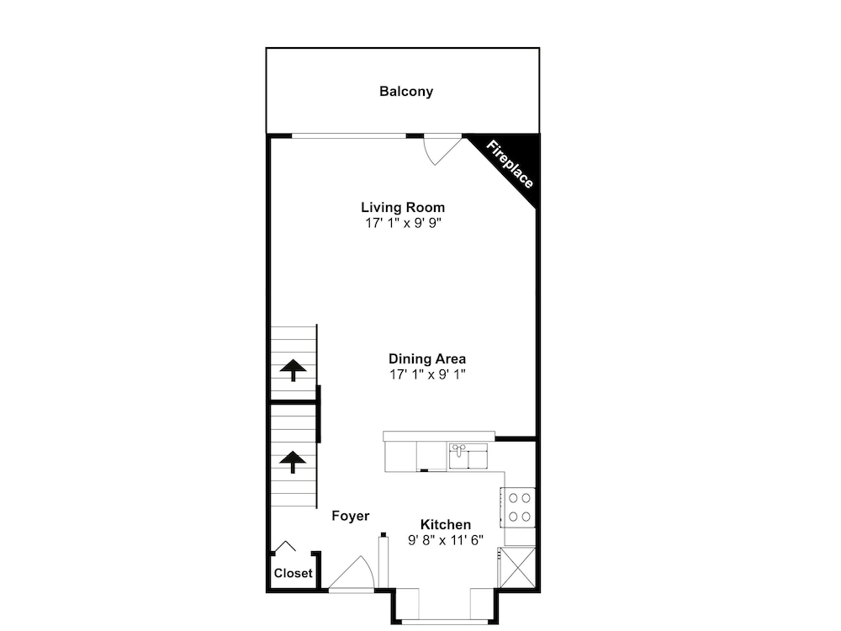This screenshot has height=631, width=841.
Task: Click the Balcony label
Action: click(406, 92)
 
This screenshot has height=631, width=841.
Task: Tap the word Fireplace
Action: click(510, 164)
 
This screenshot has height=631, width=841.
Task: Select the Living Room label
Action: click(403, 207)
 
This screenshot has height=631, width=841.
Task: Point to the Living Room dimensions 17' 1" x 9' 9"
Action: click(404, 223)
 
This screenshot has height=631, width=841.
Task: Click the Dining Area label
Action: click(427, 358)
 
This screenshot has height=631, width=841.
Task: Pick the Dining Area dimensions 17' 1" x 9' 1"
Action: click(427, 374)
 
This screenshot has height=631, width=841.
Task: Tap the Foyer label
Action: click(350, 517)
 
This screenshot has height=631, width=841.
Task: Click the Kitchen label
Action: click(446, 524)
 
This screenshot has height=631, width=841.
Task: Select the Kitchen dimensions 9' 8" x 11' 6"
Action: click(446, 540)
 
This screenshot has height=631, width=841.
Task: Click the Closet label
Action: click(293, 573)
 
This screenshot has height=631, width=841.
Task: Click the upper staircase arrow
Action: click(293, 369)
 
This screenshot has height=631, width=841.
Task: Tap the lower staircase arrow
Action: click(293, 462)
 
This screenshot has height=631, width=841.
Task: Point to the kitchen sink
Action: click(468, 456)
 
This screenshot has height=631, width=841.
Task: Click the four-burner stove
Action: click(518, 507)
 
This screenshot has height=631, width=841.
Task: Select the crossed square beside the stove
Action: click(517, 567)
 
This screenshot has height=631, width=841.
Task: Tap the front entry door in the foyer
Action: click(352, 574)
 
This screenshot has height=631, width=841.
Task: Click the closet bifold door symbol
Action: click(285, 546)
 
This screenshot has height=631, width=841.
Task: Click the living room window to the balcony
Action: click(349, 136)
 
